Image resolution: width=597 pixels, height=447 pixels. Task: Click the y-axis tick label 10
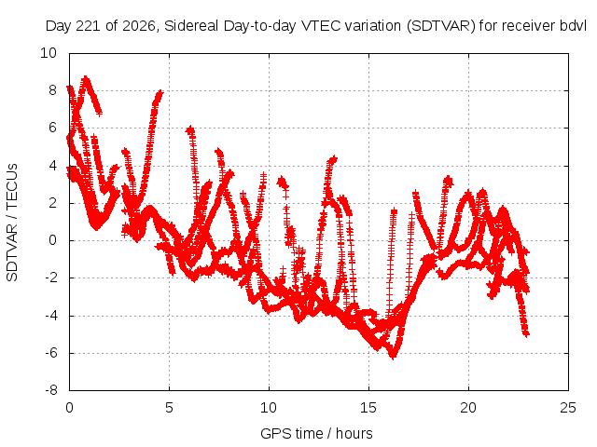[x=49, y=53]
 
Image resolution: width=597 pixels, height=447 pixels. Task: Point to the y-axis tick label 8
[x=52, y=90]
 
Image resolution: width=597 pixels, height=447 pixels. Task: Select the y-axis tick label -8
[x=50, y=390]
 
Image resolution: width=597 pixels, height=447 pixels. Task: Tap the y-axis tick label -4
[x=50, y=316]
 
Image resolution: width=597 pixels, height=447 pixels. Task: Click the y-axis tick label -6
[x=50, y=353]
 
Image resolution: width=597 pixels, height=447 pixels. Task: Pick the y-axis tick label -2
[x=50, y=278]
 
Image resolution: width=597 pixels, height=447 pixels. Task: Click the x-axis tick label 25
[x=568, y=408]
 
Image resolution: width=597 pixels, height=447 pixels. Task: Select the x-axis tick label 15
[x=368, y=408]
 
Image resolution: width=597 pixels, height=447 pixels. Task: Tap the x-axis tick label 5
[x=169, y=408]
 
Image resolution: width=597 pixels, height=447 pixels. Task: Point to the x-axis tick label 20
[x=468, y=408]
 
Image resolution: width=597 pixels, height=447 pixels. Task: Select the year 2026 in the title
[x=139, y=26]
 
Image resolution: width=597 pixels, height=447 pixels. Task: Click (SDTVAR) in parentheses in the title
[x=441, y=26]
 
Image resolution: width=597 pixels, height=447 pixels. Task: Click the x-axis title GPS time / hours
[x=316, y=433]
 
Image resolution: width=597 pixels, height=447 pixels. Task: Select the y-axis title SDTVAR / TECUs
[x=12, y=223]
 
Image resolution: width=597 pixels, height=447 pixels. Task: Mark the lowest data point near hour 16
[x=393, y=356]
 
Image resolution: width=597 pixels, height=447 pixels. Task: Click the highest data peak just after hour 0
[x=86, y=78]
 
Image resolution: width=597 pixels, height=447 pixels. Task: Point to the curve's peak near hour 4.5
[x=160, y=92]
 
